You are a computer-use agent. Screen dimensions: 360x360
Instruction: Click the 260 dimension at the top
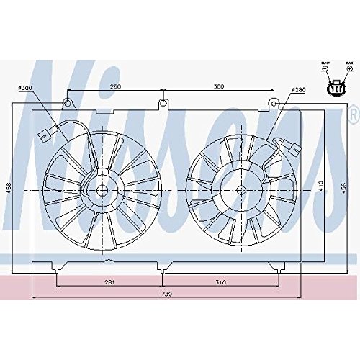[114, 86]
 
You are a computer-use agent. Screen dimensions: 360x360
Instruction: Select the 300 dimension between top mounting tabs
[220, 86]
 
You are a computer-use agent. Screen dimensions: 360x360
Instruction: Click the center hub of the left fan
[100, 190]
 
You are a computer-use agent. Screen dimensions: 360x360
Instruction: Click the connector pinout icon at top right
[336, 87]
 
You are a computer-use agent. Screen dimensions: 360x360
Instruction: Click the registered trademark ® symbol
[353, 115]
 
